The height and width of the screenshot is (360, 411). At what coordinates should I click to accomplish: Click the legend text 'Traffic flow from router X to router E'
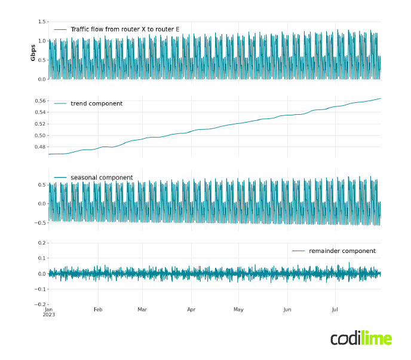click(124, 29)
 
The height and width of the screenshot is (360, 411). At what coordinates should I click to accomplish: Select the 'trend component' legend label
click(96, 103)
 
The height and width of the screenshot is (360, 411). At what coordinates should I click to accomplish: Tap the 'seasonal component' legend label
click(102, 178)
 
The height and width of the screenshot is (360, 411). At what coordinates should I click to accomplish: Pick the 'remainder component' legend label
click(342, 251)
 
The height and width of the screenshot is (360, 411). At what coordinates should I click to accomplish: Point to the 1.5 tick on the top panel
click(42, 22)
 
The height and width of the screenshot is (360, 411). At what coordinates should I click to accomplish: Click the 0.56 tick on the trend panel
click(39, 101)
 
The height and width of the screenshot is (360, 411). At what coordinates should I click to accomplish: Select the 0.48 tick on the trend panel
click(39, 147)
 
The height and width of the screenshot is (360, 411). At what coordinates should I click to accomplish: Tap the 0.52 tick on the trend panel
click(39, 124)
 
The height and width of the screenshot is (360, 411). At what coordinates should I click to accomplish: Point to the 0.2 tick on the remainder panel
click(42, 243)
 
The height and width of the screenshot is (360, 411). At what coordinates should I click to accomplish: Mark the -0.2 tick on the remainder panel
click(41, 305)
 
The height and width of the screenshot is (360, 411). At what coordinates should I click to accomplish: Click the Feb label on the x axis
click(98, 310)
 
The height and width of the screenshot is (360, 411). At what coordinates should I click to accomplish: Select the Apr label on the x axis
click(191, 310)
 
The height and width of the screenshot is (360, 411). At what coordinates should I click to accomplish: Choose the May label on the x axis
click(238, 310)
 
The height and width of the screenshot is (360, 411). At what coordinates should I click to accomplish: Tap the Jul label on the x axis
click(335, 310)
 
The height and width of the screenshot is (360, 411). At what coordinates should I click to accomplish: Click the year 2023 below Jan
click(48, 315)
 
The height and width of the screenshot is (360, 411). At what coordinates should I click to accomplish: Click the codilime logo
click(361, 338)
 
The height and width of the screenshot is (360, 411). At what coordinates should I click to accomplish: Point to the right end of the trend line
click(380, 98)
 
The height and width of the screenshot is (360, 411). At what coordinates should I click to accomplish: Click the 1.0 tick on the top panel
click(42, 41)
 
